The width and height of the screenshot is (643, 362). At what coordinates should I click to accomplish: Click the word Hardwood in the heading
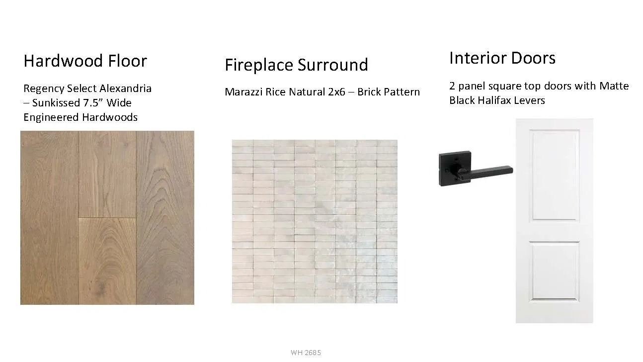click(63, 61)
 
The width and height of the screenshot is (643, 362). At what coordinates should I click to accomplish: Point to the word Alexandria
click(124, 88)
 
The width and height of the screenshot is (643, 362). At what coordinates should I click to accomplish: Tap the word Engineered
click(51, 117)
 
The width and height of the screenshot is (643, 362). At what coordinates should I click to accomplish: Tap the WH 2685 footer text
click(306, 353)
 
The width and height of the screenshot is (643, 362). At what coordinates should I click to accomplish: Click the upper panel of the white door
click(554, 175)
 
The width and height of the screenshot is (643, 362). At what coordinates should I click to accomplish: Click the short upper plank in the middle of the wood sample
click(107, 175)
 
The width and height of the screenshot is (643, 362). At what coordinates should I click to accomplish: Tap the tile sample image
click(315, 221)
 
